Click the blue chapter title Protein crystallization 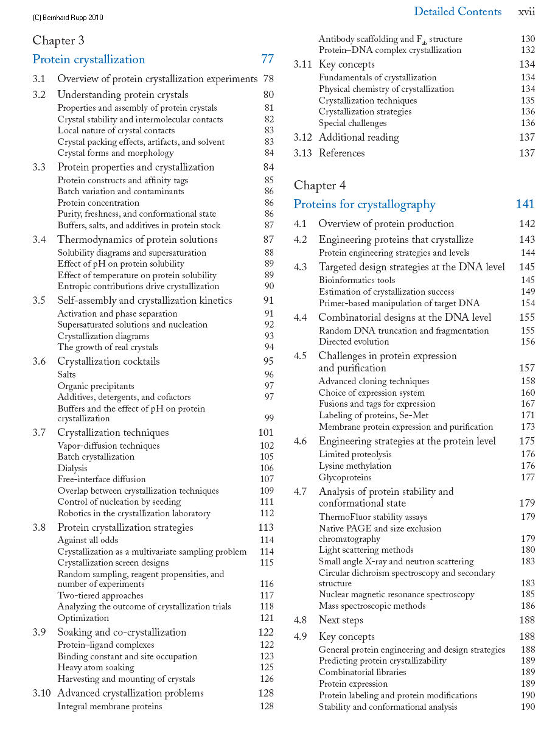[89, 60]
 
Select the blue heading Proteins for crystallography [364, 205]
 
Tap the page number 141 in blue [525, 205]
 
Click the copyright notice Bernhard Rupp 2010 [68, 18]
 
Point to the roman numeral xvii [526, 12]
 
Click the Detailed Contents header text [458, 12]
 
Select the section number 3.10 [41, 693]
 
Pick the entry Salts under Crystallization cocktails [66, 375]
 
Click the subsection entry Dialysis [72, 468]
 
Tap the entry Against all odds [88, 540]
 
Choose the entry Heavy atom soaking [96, 668]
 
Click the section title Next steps [341, 620]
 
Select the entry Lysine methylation [355, 466]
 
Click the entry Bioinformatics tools [357, 280]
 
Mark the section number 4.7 [301, 492]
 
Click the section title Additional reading [359, 138]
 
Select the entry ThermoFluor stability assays [373, 517]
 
